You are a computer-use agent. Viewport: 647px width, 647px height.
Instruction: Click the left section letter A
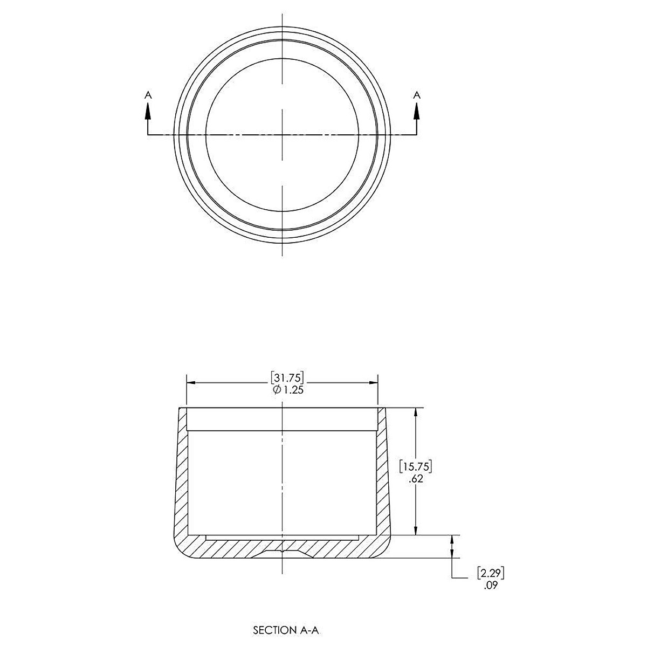click(148, 95)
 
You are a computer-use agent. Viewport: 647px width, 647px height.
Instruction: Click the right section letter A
click(416, 95)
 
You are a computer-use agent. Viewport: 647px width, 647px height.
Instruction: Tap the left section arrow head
click(148, 109)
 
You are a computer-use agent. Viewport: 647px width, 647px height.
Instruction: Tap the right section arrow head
click(416, 109)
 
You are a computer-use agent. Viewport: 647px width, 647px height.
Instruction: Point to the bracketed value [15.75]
click(416, 465)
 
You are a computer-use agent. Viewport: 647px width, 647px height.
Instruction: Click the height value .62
click(416, 478)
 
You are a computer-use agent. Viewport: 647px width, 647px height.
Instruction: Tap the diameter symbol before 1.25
click(276, 390)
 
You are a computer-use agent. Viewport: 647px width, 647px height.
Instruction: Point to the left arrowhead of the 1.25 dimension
click(190, 383)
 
